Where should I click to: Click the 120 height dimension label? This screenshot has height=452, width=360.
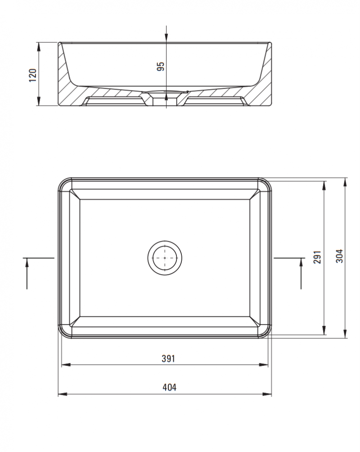pyautogui.click(x=32, y=75)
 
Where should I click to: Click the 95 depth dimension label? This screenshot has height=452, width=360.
pyautogui.click(x=161, y=67)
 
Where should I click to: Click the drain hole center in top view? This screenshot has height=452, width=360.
pyautogui.click(x=165, y=258)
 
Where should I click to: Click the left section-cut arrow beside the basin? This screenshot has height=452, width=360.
pyautogui.click(x=27, y=270)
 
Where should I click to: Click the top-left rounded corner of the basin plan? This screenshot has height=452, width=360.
pyautogui.click(x=63, y=183)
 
